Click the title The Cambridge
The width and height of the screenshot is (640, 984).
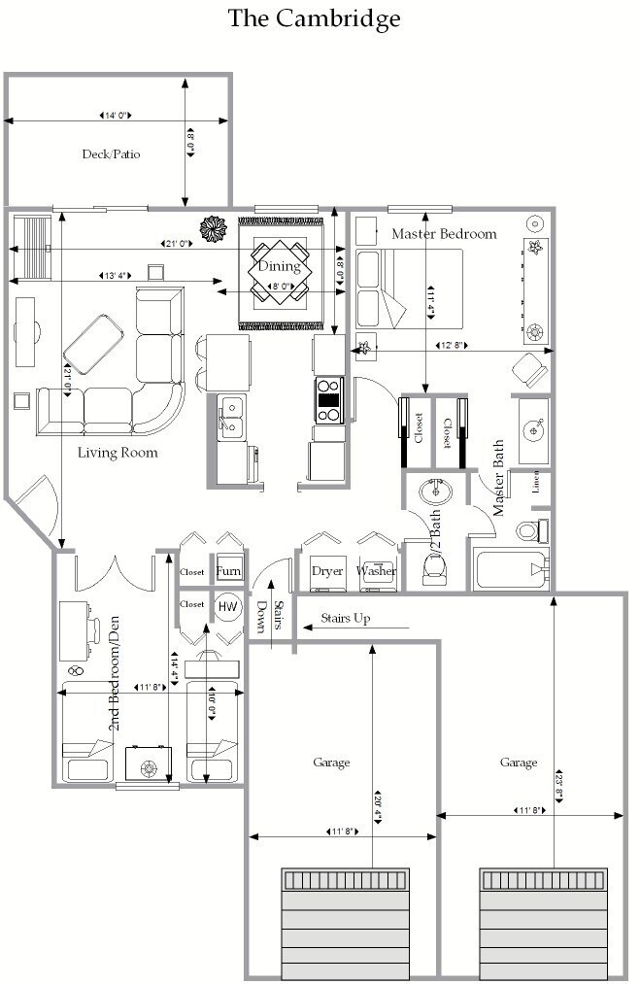pyautogui.click(x=314, y=18)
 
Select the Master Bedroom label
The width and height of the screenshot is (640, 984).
pyautogui.click(x=444, y=233)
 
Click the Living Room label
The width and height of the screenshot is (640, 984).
pyautogui.click(x=118, y=452)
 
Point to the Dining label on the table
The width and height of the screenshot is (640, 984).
pyautogui.click(x=279, y=266)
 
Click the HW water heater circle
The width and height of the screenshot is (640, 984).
pyautogui.click(x=227, y=607)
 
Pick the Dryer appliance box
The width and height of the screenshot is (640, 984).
pyautogui.click(x=327, y=571)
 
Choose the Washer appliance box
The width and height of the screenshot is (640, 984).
pyautogui.click(x=376, y=571)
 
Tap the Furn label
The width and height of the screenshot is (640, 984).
pyautogui.click(x=228, y=571)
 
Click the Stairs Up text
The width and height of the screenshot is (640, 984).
pyautogui.click(x=345, y=618)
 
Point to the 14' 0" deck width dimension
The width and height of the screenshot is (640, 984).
pyautogui.click(x=117, y=116)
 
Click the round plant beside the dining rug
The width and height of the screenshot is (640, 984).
pyautogui.click(x=212, y=228)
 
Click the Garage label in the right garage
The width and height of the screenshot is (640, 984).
pyautogui.click(x=519, y=763)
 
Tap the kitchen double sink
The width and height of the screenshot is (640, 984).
pyautogui.click(x=230, y=415)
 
